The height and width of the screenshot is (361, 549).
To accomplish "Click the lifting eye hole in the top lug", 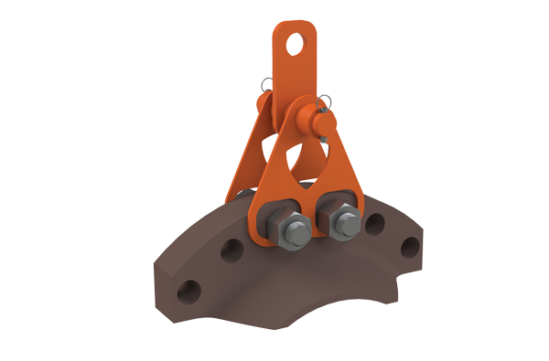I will tap(294, 42).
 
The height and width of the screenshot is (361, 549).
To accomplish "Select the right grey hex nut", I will tap(342, 223).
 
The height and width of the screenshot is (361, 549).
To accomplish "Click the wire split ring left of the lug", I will tap(266, 87).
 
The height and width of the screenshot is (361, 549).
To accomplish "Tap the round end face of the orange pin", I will tap(316, 120).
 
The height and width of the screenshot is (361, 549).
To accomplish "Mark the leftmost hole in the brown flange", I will tap(188, 290).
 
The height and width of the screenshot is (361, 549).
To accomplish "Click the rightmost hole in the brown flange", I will tap(411, 246).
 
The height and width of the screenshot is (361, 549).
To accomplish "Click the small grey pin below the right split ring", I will tap(322, 113).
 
